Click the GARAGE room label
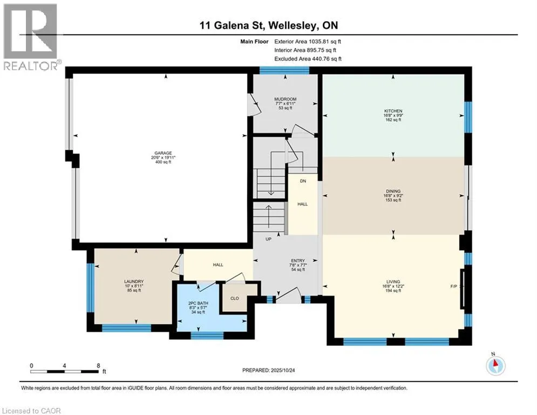click(x=163, y=153)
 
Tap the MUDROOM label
click(x=286, y=99)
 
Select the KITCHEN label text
click(x=393, y=111)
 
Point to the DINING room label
click(x=393, y=191)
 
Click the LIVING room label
click(x=393, y=282)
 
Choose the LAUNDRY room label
click(x=134, y=282)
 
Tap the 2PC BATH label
click(x=198, y=304)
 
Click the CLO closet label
click(x=235, y=298)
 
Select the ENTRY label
click(x=298, y=260)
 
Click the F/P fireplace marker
click(x=453, y=286)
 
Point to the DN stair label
click(x=303, y=181)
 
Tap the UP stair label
click(x=269, y=239)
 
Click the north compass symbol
click(x=495, y=365)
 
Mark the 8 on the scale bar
click(x=98, y=366)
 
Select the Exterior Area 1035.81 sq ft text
click(x=308, y=42)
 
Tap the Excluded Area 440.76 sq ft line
click(x=308, y=59)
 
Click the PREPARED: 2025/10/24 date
click(x=269, y=370)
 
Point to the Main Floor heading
click(x=254, y=42)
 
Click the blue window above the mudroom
click(x=284, y=70)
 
